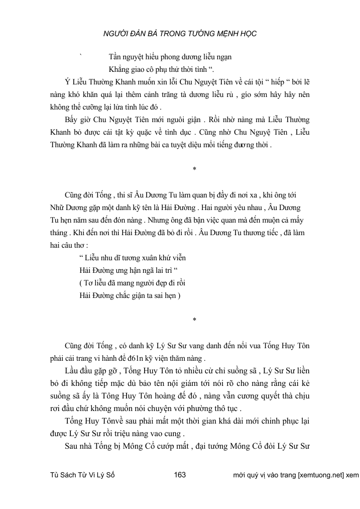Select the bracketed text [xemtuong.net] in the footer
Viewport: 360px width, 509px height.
coord(321,475)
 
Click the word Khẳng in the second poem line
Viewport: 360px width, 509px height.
coord(119,69)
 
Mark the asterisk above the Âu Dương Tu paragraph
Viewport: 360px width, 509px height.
coord(194,168)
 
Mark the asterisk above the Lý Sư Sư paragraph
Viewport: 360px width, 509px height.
coord(194,320)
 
